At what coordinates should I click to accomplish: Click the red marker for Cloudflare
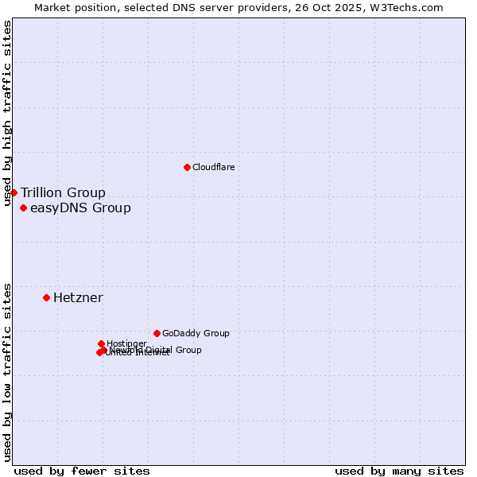[x=187, y=167]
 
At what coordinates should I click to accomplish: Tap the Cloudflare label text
[x=213, y=167]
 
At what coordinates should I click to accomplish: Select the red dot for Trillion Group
[x=14, y=192]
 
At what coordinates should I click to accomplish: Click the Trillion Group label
[x=63, y=192]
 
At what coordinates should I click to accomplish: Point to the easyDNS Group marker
[x=23, y=208]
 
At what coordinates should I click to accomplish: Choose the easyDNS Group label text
[x=80, y=208]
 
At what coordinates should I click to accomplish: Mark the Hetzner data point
[x=46, y=297]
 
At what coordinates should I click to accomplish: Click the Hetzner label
[x=78, y=297]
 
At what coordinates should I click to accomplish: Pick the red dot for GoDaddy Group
[x=157, y=333]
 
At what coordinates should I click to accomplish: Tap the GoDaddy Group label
[x=196, y=333]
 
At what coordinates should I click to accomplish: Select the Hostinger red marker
[x=101, y=343]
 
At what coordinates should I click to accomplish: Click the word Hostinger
[x=126, y=343]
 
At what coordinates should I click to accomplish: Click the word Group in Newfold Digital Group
[x=188, y=350]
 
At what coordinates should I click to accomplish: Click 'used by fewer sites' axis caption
[x=82, y=471]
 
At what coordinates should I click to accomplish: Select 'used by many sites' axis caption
[x=399, y=471]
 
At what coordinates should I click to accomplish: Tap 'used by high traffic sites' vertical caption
[x=7, y=113]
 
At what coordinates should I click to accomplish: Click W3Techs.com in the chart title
[x=416, y=7]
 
